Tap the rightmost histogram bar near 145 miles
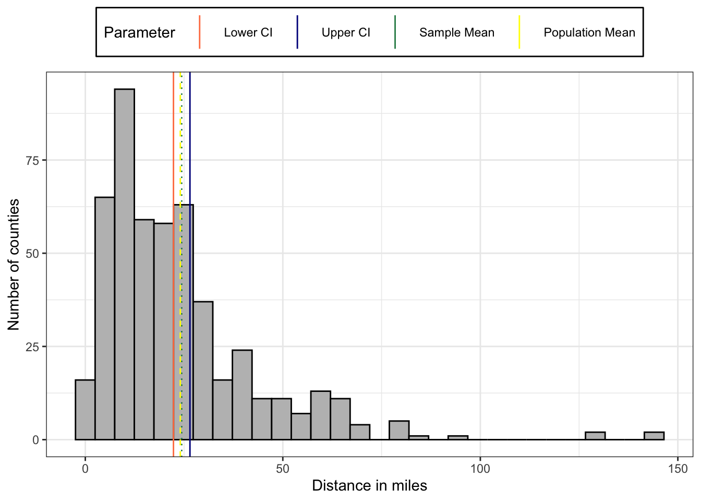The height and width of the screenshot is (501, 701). pyautogui.click(x=654, y=436)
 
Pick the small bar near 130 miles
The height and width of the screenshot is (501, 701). pyautogui.click(x=595, y=436)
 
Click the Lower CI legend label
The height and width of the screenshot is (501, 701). pyautogui.click(x=248, y=32)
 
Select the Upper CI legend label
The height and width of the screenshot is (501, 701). pyautogui.click(x=346, y=32)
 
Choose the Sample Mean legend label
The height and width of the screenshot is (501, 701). pyautogui.click(x=456, y=32)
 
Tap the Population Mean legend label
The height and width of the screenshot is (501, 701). pyautogui.click(x=589, y=32)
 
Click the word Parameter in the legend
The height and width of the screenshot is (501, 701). pyautogui.click(x=139, y=32)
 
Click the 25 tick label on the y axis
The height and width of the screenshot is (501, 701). pyautogui.click(x=32, y=347)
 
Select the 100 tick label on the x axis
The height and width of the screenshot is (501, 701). pyautogui.click(x=480, y=469)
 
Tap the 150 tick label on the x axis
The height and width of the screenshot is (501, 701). pyautogui.click(x=678, y=469)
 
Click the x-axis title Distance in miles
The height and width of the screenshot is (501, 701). pyautogui.click(x=369, y=486)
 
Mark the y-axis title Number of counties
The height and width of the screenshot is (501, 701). pyautogui.click(x=14, y=264)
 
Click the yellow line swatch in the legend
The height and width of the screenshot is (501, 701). pyautogui.click(x=519, y=32)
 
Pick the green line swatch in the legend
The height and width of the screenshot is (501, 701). pyautogui.click(x=395, y=32)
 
